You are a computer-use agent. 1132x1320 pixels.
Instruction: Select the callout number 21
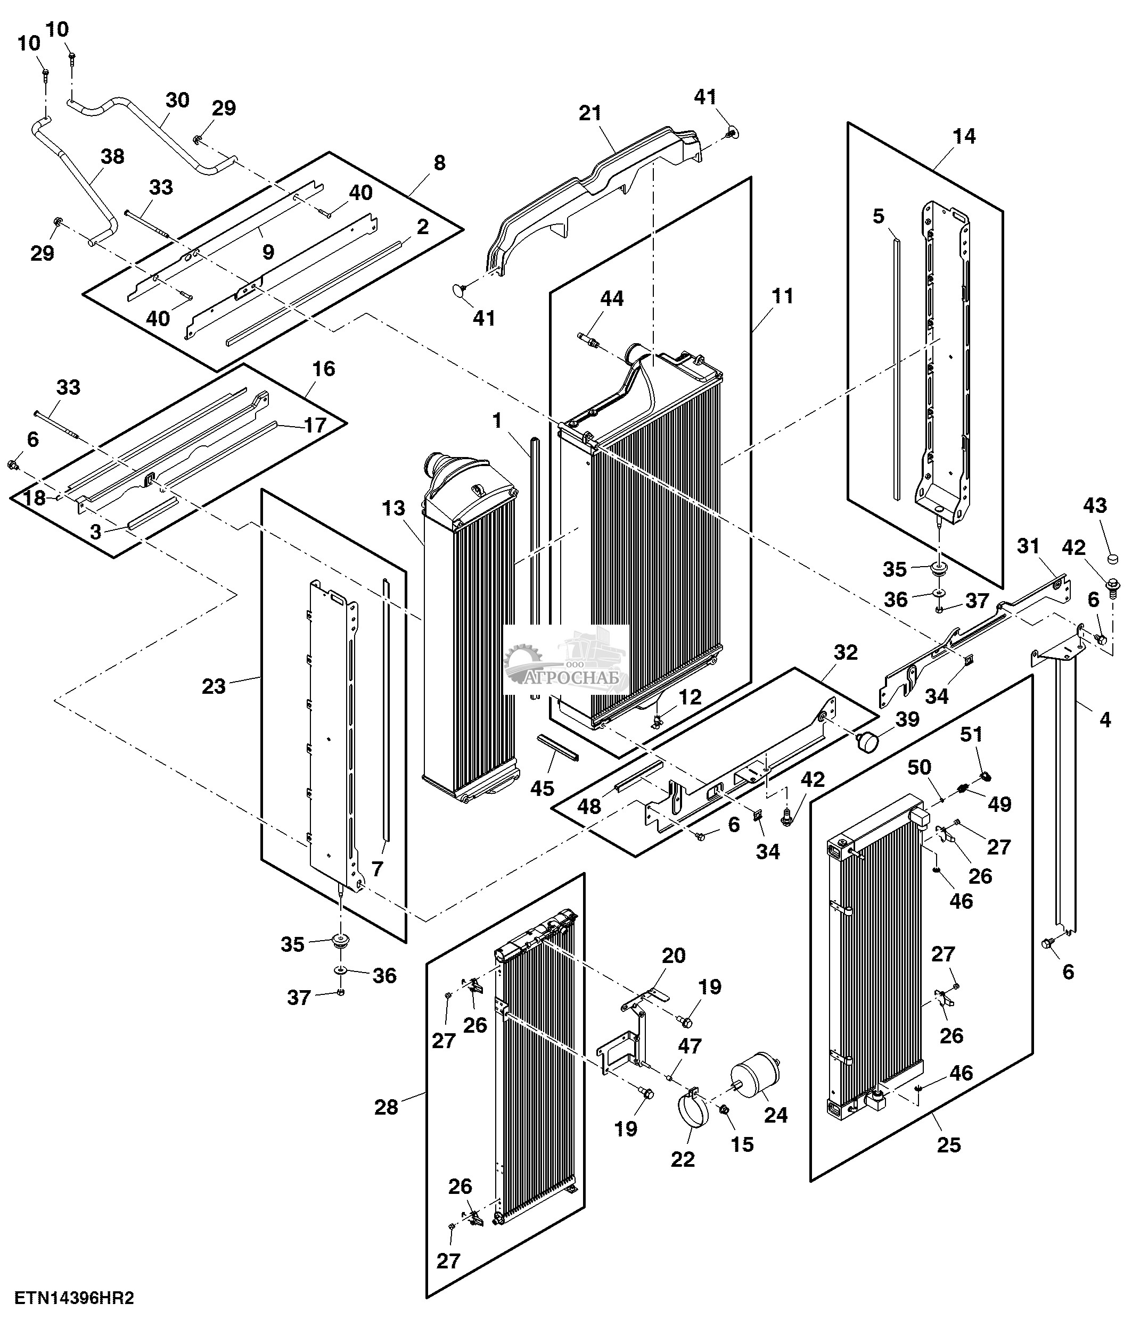point(590,113)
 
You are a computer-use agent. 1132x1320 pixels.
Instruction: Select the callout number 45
point(543,788)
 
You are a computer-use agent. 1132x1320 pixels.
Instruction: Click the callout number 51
point(971,735)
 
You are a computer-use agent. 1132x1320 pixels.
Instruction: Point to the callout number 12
point(690,697)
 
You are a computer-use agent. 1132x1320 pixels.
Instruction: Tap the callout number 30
point(178,100)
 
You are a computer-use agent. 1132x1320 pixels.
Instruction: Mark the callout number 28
point(386,1107)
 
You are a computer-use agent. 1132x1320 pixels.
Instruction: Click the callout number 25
point(949,1145)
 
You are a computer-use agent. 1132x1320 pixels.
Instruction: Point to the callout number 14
point(964,136)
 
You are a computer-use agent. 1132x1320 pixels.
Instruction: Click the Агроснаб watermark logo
point(567,661)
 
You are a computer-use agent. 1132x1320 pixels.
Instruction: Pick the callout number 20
point(673,955)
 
